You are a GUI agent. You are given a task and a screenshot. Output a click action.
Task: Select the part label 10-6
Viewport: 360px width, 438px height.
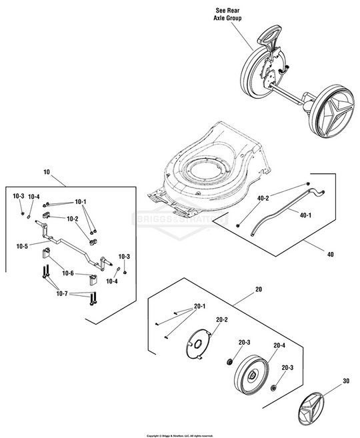(x=68, y=273)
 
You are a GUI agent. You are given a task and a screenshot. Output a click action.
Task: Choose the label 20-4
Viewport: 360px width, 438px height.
(x=279, y=345)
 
